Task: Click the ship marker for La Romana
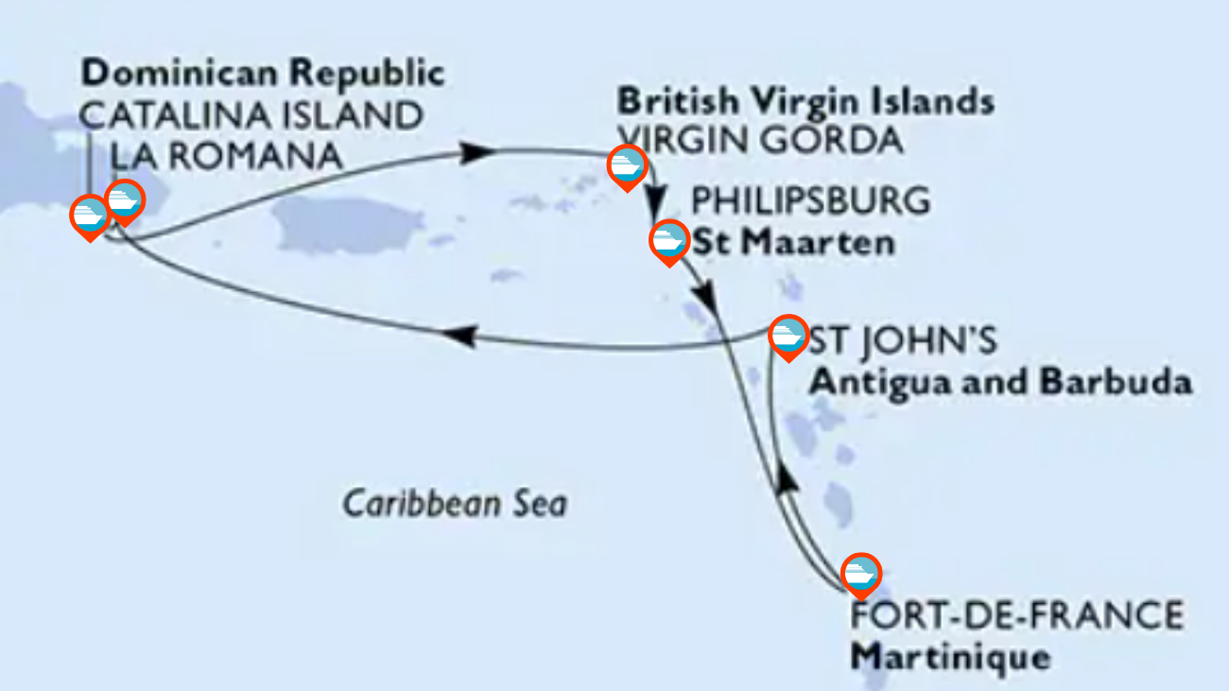coord(124,199)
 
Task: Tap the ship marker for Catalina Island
coord(90,216)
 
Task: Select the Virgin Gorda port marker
coord(627,165)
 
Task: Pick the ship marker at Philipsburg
coord(668,240)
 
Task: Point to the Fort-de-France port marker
coord(859,573)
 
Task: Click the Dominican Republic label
coord(263,72)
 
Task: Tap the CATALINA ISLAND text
coord(251,115)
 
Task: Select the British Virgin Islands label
coord(805,100)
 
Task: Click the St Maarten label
coord(794,242)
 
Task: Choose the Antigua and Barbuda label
coord(1000,382)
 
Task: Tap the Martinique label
coord(950,655)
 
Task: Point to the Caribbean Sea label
coord(455,503)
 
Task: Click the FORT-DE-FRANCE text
coord(1016,616)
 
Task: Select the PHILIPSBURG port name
coord(811,201)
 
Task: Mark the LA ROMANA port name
coord(226,156)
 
